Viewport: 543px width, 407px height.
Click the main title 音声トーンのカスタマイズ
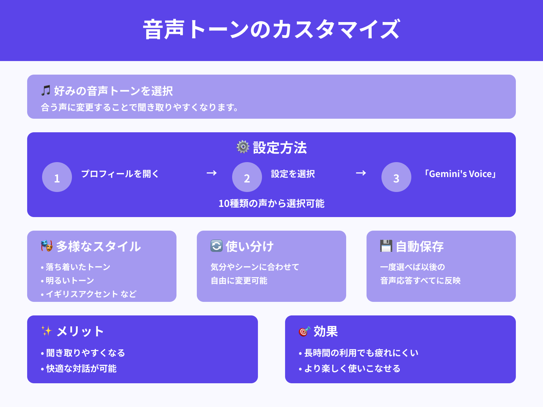[271, 30]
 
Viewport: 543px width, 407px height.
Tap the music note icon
[46, 91]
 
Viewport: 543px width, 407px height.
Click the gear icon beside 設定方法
[243, 147]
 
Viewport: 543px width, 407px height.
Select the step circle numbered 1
[57, 177]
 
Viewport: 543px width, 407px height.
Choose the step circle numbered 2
[247, 177]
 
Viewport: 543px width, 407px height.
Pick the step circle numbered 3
[396, 177]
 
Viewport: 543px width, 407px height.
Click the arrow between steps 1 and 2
[212, 173]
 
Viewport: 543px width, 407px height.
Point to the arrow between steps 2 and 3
[361, 173]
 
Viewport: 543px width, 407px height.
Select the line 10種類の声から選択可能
[271, 203]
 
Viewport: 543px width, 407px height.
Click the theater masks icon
[47, 246]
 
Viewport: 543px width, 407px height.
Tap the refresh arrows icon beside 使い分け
[217, 246]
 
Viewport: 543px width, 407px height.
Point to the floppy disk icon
[386, 246]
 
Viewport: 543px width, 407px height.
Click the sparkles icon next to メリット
[46, 331]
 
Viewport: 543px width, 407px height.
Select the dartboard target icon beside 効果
[304, 331]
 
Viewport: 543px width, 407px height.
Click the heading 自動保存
[420, 247]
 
